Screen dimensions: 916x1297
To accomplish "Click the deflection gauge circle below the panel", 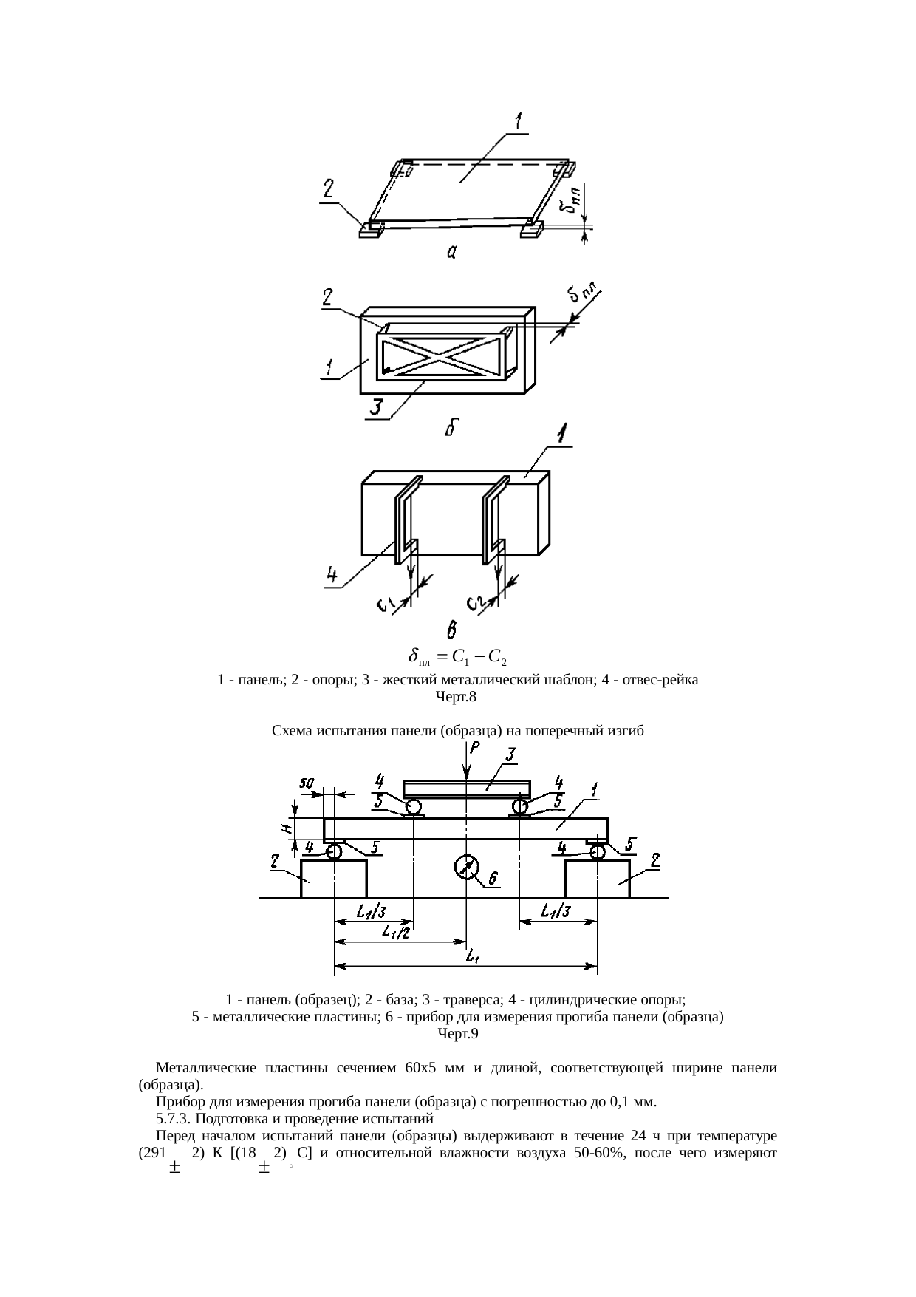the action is coord(465,867).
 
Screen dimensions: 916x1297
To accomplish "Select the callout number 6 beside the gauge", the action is coord(493,878).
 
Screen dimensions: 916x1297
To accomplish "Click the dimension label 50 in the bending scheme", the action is coord(306,782).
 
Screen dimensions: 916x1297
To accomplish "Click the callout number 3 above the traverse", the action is coord(509,755).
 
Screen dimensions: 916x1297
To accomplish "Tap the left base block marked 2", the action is coord(334,879).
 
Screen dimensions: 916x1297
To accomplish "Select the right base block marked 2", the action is coord(597,879).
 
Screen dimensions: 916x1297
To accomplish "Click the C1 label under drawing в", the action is coord(385,606).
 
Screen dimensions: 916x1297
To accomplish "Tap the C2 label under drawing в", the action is coord(475,606).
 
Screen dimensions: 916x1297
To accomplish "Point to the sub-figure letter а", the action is coord(452,253).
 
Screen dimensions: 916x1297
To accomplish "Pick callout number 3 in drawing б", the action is coord(377,407).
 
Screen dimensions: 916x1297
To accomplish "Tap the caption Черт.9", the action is coord(458,1034).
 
